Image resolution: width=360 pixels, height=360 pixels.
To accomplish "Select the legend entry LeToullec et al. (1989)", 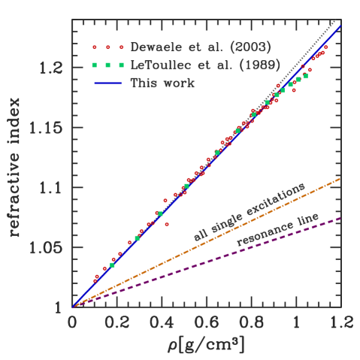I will tap(206, 65).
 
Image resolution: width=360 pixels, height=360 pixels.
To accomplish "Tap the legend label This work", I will tap(163, 82).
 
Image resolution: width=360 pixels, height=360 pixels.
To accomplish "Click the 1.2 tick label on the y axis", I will tap(50, 68).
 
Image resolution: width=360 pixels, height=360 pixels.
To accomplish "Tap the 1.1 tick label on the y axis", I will tap(50, 188).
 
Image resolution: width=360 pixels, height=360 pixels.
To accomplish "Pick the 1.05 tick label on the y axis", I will tap(46, 247).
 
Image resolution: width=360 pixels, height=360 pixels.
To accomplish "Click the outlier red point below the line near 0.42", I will tap(167, 225).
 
